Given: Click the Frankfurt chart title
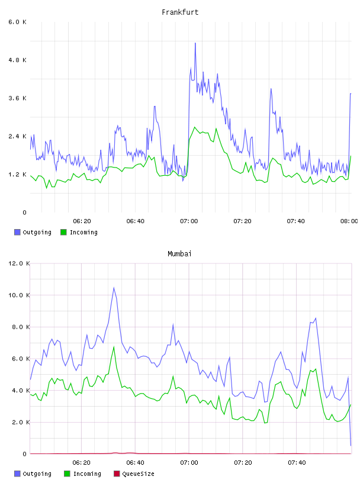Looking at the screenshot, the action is [180, 12].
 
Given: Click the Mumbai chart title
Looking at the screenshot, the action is [179, 254].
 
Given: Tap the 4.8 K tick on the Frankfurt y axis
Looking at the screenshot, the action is [17, 60].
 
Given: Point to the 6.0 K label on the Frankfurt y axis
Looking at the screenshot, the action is [17, 22].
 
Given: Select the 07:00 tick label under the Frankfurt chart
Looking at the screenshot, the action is [189, 221].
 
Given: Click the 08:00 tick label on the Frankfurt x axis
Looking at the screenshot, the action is [349, 221].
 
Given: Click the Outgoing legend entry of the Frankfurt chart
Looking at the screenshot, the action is [33, 232].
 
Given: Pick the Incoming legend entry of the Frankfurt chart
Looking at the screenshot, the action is [79, 232].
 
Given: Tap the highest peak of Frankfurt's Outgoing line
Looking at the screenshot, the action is [195, 43].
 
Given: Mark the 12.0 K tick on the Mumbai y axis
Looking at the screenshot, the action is [19, 263].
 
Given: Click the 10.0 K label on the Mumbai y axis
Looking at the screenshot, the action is [19, 295].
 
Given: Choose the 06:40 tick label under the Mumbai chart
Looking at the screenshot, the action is [136, 463].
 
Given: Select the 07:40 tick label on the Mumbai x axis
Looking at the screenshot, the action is [297, 463].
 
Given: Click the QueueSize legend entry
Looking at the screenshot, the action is [134, 474].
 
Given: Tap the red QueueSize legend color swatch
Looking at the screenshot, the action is [117, 474].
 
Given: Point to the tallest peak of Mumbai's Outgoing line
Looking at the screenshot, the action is [114, 288].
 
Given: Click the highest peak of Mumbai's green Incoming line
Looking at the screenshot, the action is [114, 347].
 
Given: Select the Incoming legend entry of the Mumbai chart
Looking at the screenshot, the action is [82, 474].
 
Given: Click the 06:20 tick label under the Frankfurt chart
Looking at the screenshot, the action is [82, 221].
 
